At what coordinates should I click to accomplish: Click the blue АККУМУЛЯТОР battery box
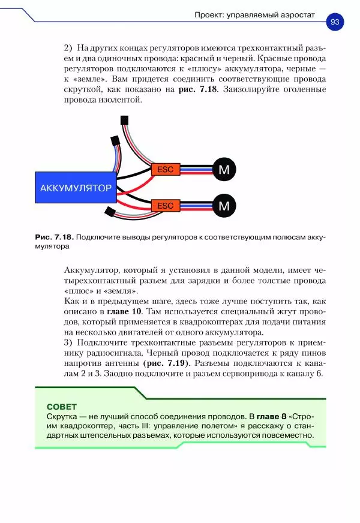point(76,188)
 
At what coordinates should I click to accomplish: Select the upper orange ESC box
point(165,170)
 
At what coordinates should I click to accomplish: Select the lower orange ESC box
point(165,206)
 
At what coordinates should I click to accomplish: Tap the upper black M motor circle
point(224,170)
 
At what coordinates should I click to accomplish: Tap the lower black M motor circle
point(224,206)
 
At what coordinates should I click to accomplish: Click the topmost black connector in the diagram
point(125,120)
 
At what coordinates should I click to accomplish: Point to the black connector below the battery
point(110,212)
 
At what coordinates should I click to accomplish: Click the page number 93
point(334,22)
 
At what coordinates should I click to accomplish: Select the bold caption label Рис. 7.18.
point(55,238)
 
